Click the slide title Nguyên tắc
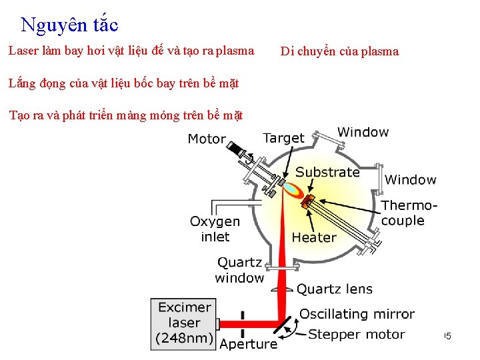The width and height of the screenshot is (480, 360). pos(69,25)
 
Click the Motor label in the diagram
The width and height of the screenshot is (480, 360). pos(207,139)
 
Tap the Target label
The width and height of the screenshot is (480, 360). pos(283,138)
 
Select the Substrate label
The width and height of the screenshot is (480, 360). pos(327,172)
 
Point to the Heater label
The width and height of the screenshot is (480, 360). pos(314,237)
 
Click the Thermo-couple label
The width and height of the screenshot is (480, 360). pos(409,213)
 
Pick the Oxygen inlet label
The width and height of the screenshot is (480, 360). pos(215,229)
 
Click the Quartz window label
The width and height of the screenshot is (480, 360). pos(239,270)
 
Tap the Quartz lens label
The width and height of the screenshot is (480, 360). pos(335,289)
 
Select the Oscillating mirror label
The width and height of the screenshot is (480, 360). pos(357,314)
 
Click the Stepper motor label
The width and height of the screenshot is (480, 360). pos(357,334)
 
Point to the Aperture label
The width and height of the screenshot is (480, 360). pos(248,344)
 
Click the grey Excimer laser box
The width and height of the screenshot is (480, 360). pos(184,323)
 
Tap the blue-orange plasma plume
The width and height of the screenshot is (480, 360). pos(291,189)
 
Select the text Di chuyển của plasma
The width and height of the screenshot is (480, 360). pos(339,51)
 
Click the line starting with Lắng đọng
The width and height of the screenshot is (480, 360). pos(123,83)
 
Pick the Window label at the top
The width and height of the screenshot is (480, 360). pos(363,132)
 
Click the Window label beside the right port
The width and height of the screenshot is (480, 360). pos(411,179)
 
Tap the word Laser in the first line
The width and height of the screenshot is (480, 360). pos(22,51)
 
